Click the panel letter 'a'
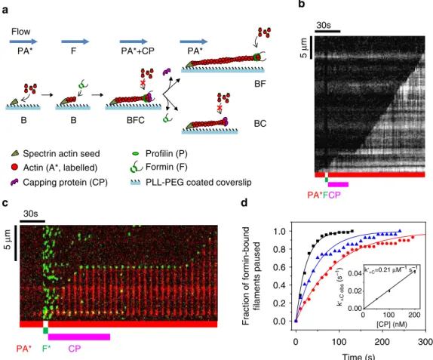pyautogui.click(x=5, y=11)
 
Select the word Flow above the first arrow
pyautogui.click(x=20, y=32)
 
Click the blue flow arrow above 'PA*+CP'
pyautogui.click(x=134, y=42)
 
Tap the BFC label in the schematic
pyautogui.click(x=136, y=121)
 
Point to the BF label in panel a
pyautogui.click(x=259, y=84)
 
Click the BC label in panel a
pyautogui.click(x=260, y=124)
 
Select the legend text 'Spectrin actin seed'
pyautogui.click(x=61, y=154)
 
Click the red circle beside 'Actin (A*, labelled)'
pyautogui.click(x=14, y=167)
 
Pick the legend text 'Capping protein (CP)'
pyautogui.click(x=65, y=183)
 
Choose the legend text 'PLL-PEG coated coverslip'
pyautogui.click(x=198, y=183)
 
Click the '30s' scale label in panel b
pyautogui.click(x=324, y=25)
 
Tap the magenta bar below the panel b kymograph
pyautogui.click(x=338, y=185)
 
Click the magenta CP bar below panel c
pyautogui.click(x=79, y=337)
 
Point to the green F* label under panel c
pyautogui.click(x=47, y=349)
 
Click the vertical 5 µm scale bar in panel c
pyautogui.click(x=15, y=243)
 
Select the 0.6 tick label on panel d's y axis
pyautogui.click(x=279, y=267)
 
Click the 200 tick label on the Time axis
pyautogui.click(x=382, y=342)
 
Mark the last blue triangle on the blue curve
pyautogui.click(x=400, y=231)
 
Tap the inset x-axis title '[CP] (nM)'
pyautogui.click(x=392, y=324)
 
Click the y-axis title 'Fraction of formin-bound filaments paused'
pyautogui.click(x=251, y=275)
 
